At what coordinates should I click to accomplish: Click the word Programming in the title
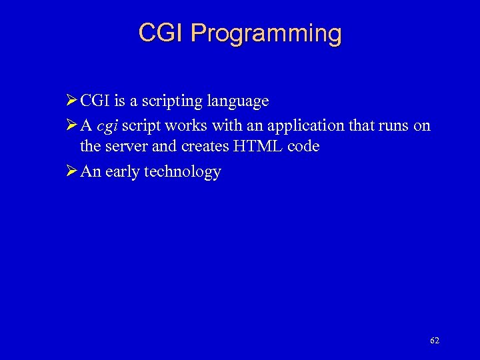coord(267,33)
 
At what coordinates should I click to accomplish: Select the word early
coord(121,172)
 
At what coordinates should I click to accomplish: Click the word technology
coord(182,172)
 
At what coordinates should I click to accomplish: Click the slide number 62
coord(435,341)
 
